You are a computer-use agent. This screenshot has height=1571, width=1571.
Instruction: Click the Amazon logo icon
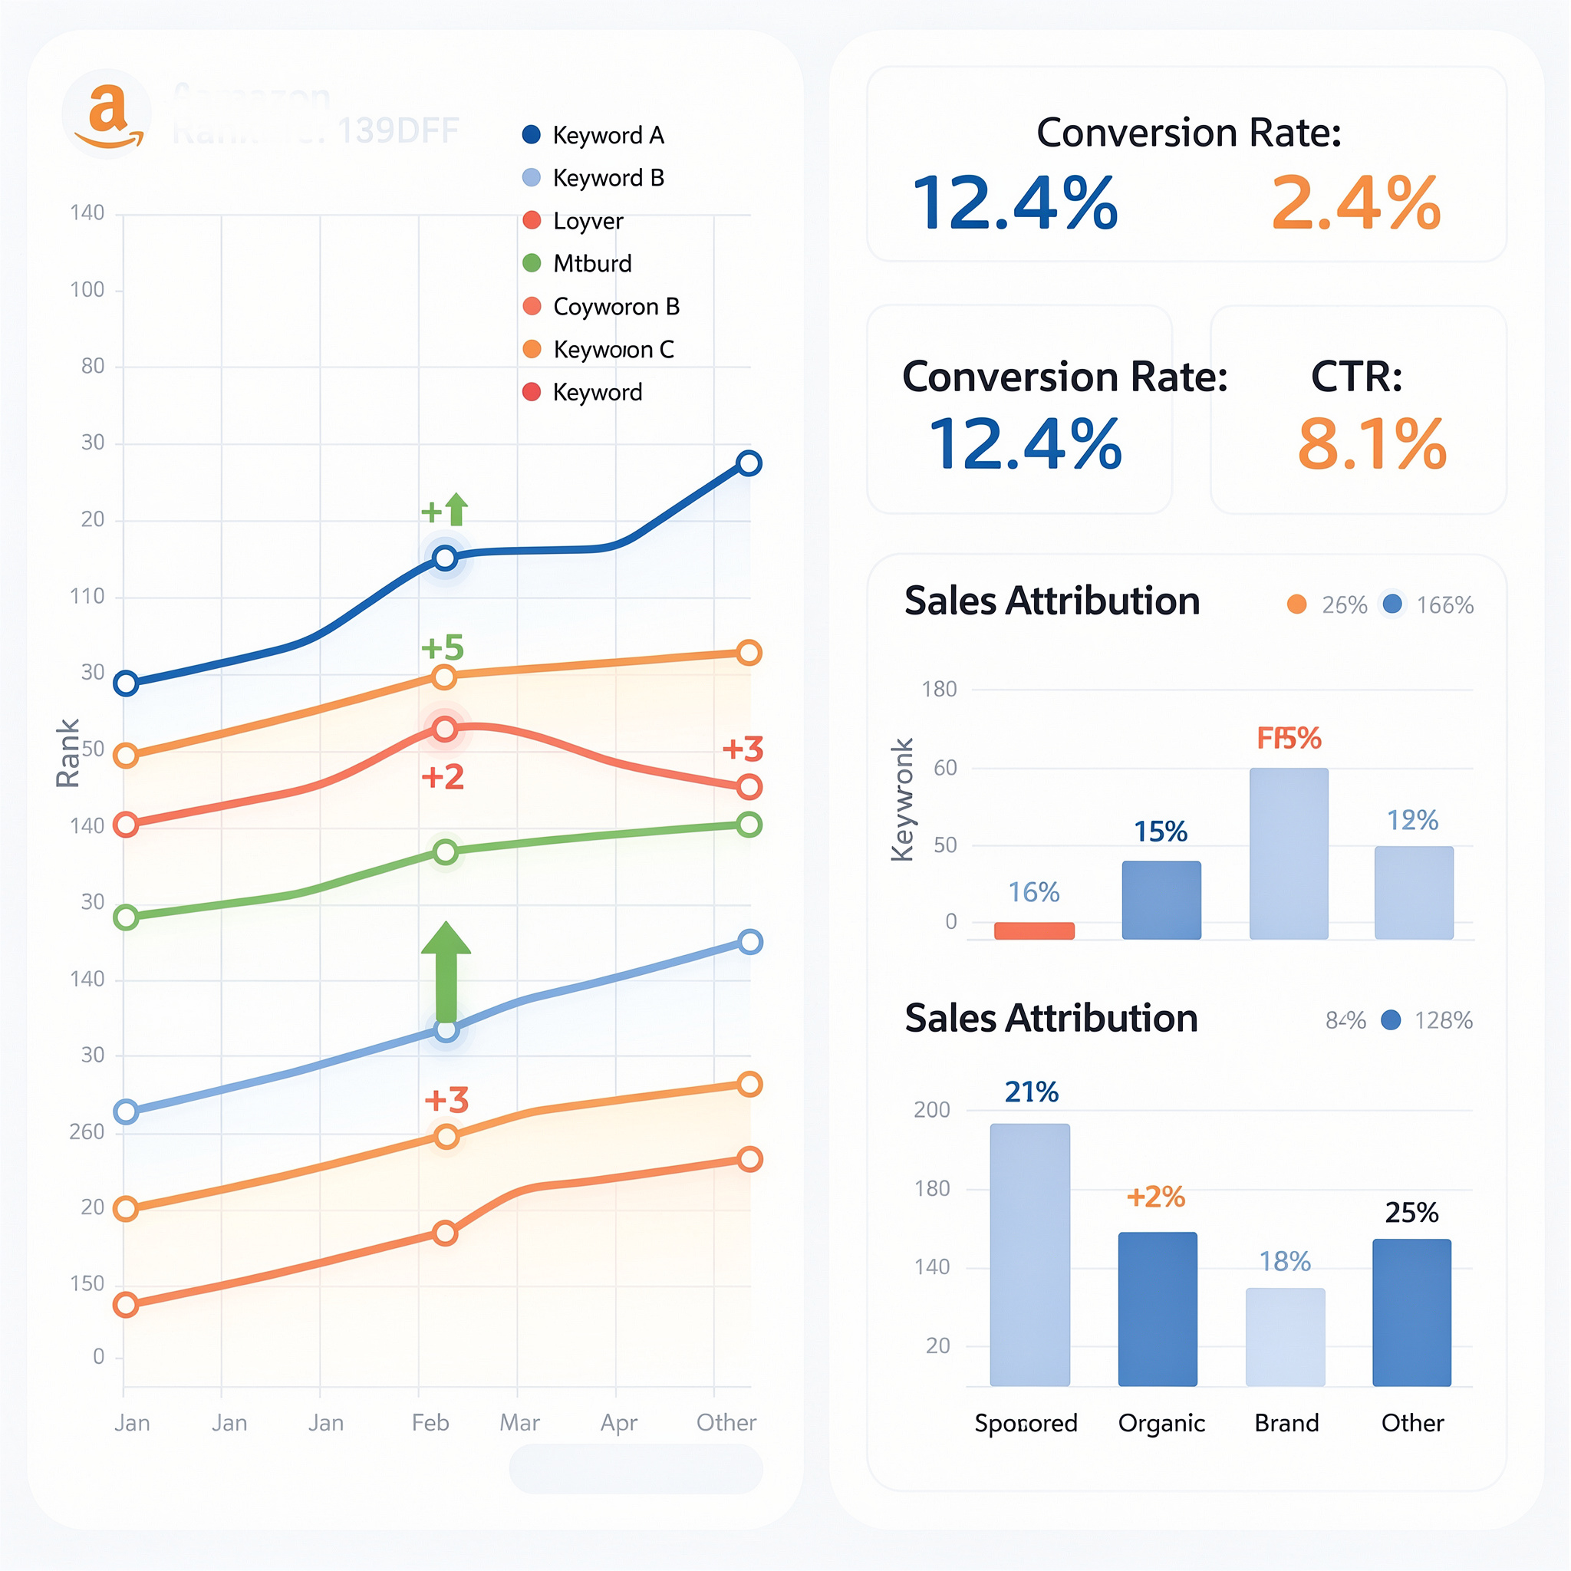tap(107, 114)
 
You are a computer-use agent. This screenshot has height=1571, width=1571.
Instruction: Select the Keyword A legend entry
tap(594, 135)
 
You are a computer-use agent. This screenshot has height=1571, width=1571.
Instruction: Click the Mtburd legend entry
tap(578, 263)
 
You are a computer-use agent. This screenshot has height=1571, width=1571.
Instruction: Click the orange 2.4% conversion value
tap(1355, 203)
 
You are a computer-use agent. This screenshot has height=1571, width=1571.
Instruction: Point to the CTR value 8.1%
tap(1371, 444)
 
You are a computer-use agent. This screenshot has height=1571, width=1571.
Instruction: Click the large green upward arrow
tap(446, 972)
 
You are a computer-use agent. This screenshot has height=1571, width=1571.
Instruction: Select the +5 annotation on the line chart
tap(443, 648)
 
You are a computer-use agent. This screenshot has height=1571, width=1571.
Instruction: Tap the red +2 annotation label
tap(443, 777)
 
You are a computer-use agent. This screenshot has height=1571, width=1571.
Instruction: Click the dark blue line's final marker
tap(748, 463)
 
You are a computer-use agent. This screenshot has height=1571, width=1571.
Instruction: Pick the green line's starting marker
tap(126, 918)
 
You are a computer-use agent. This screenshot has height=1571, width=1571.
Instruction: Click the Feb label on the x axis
tap(430, 1422)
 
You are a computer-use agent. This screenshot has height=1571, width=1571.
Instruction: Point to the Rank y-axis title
tap(68, 753)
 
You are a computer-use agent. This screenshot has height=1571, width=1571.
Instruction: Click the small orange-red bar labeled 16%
tap(1033, 930)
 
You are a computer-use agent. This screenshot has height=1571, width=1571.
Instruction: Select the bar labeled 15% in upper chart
tap(1161, 899)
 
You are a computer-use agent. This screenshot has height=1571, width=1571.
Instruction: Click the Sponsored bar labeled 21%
tap(1029, 1254)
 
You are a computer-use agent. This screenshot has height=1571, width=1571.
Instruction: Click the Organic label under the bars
tap(1161, 1422)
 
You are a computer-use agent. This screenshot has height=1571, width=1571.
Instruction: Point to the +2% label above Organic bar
tap(1154, 1196)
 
